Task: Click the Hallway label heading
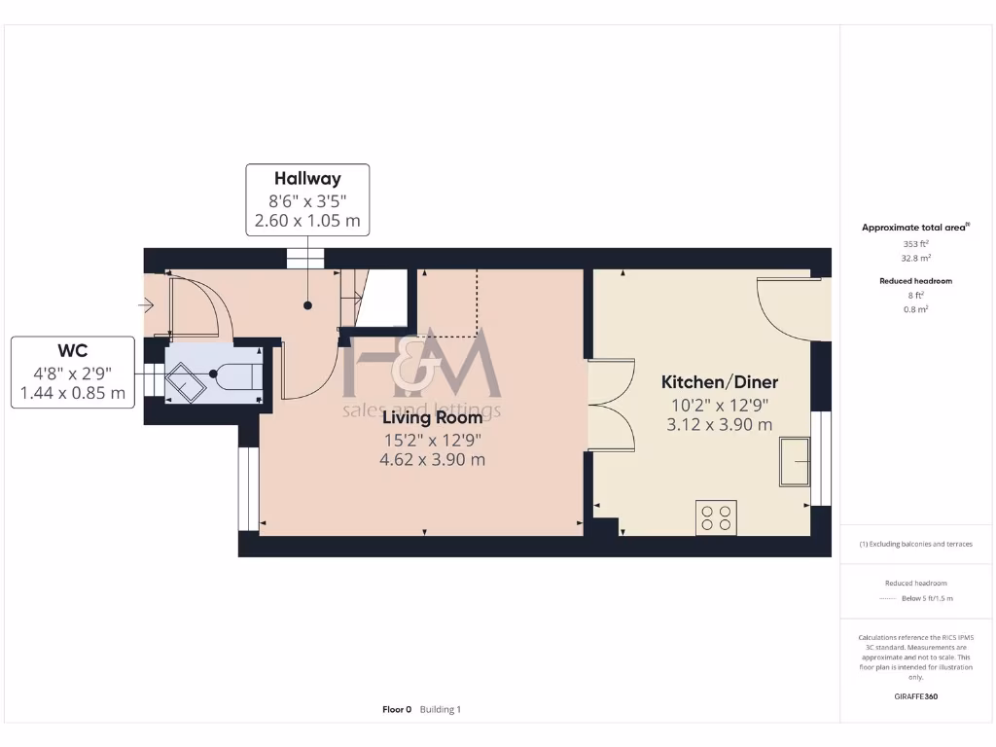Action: [x=307, y=179]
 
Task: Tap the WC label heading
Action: [x=73, y=351]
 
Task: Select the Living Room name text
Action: [x=432, y=418]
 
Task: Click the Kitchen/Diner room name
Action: [x=720, y=382]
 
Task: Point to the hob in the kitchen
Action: [x=716, y=517]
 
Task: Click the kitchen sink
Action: [x=797, y=460]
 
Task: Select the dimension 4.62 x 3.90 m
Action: [x=432, y=460]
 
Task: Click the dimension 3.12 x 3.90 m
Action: [x=720, y=425]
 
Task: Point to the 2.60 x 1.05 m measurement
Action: [x=307, y=221]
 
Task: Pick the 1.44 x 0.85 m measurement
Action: [x=73, y=393]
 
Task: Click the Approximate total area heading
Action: [x=914, y=228]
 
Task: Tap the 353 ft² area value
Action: [x=915, y=244]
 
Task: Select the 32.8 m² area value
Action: [x=915, y=259]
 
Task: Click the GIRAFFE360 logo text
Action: [x=915, y=696]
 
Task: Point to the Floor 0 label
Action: [x=397, y=710]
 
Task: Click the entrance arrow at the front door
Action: [x=146, y=306]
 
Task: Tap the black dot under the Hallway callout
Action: [x=307, y=305]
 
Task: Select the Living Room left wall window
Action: [x=249, y=489]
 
